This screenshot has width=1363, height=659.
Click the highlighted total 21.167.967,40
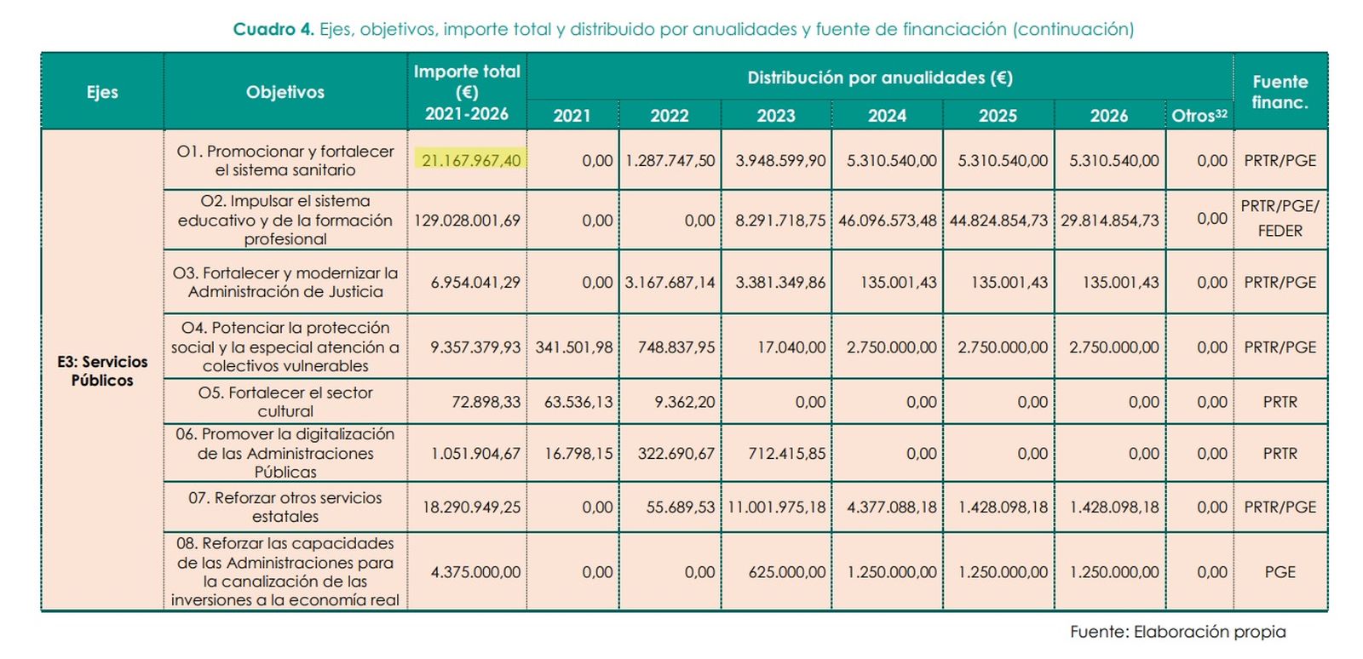(x=471, y=160)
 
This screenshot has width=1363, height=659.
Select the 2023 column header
(x=775, y=116)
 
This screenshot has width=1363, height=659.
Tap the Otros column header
(x=1199, y=116)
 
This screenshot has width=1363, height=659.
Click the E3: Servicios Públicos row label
(x=102, y=370)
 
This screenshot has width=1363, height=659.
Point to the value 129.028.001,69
(x=467, y=220)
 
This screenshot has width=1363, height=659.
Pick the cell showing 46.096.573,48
(x=887, y=220)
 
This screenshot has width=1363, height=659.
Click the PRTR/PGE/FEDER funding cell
(x=1280, y=219)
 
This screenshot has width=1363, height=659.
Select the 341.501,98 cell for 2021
(x=573, y=347)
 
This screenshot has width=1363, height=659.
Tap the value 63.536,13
(x=578, y=402)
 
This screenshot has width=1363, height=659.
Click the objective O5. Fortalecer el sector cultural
(x=285, y=402)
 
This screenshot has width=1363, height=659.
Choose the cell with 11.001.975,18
(x=776, y=507)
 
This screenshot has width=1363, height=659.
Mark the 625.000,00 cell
(x=786, y=572)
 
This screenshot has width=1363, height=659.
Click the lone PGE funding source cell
(x=1280, y=572)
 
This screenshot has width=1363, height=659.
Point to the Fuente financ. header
(x=1280, y=92)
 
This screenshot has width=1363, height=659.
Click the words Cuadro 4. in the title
(x=273, y=29)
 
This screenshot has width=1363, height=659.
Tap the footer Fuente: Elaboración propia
(x=1177, y=632)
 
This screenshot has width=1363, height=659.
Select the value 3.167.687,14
(x=670, y=282)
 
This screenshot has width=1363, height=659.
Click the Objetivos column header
(x=285, y=92)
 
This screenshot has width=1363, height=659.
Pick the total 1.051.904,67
(x=475, y=454)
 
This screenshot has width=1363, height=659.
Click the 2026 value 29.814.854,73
(x=1109, y=220)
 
